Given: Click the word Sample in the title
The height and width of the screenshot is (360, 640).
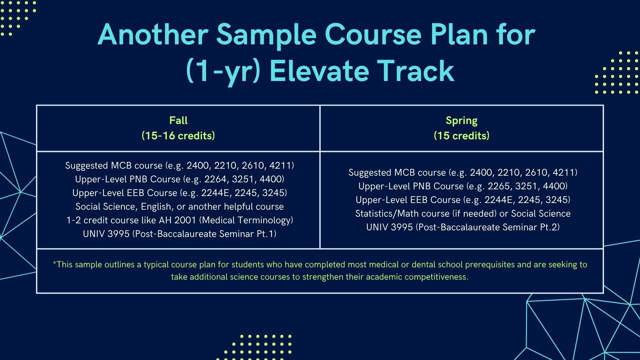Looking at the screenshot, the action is (x=266, y=35).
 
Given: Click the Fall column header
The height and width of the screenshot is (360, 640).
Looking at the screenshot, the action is (x=178, y=120).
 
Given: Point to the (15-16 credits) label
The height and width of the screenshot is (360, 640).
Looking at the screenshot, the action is (x=178, y=136).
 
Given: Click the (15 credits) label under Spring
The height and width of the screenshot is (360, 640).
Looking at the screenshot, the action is (x=461, y=136).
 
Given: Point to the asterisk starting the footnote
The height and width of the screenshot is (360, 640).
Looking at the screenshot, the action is (x=55, y=263).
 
